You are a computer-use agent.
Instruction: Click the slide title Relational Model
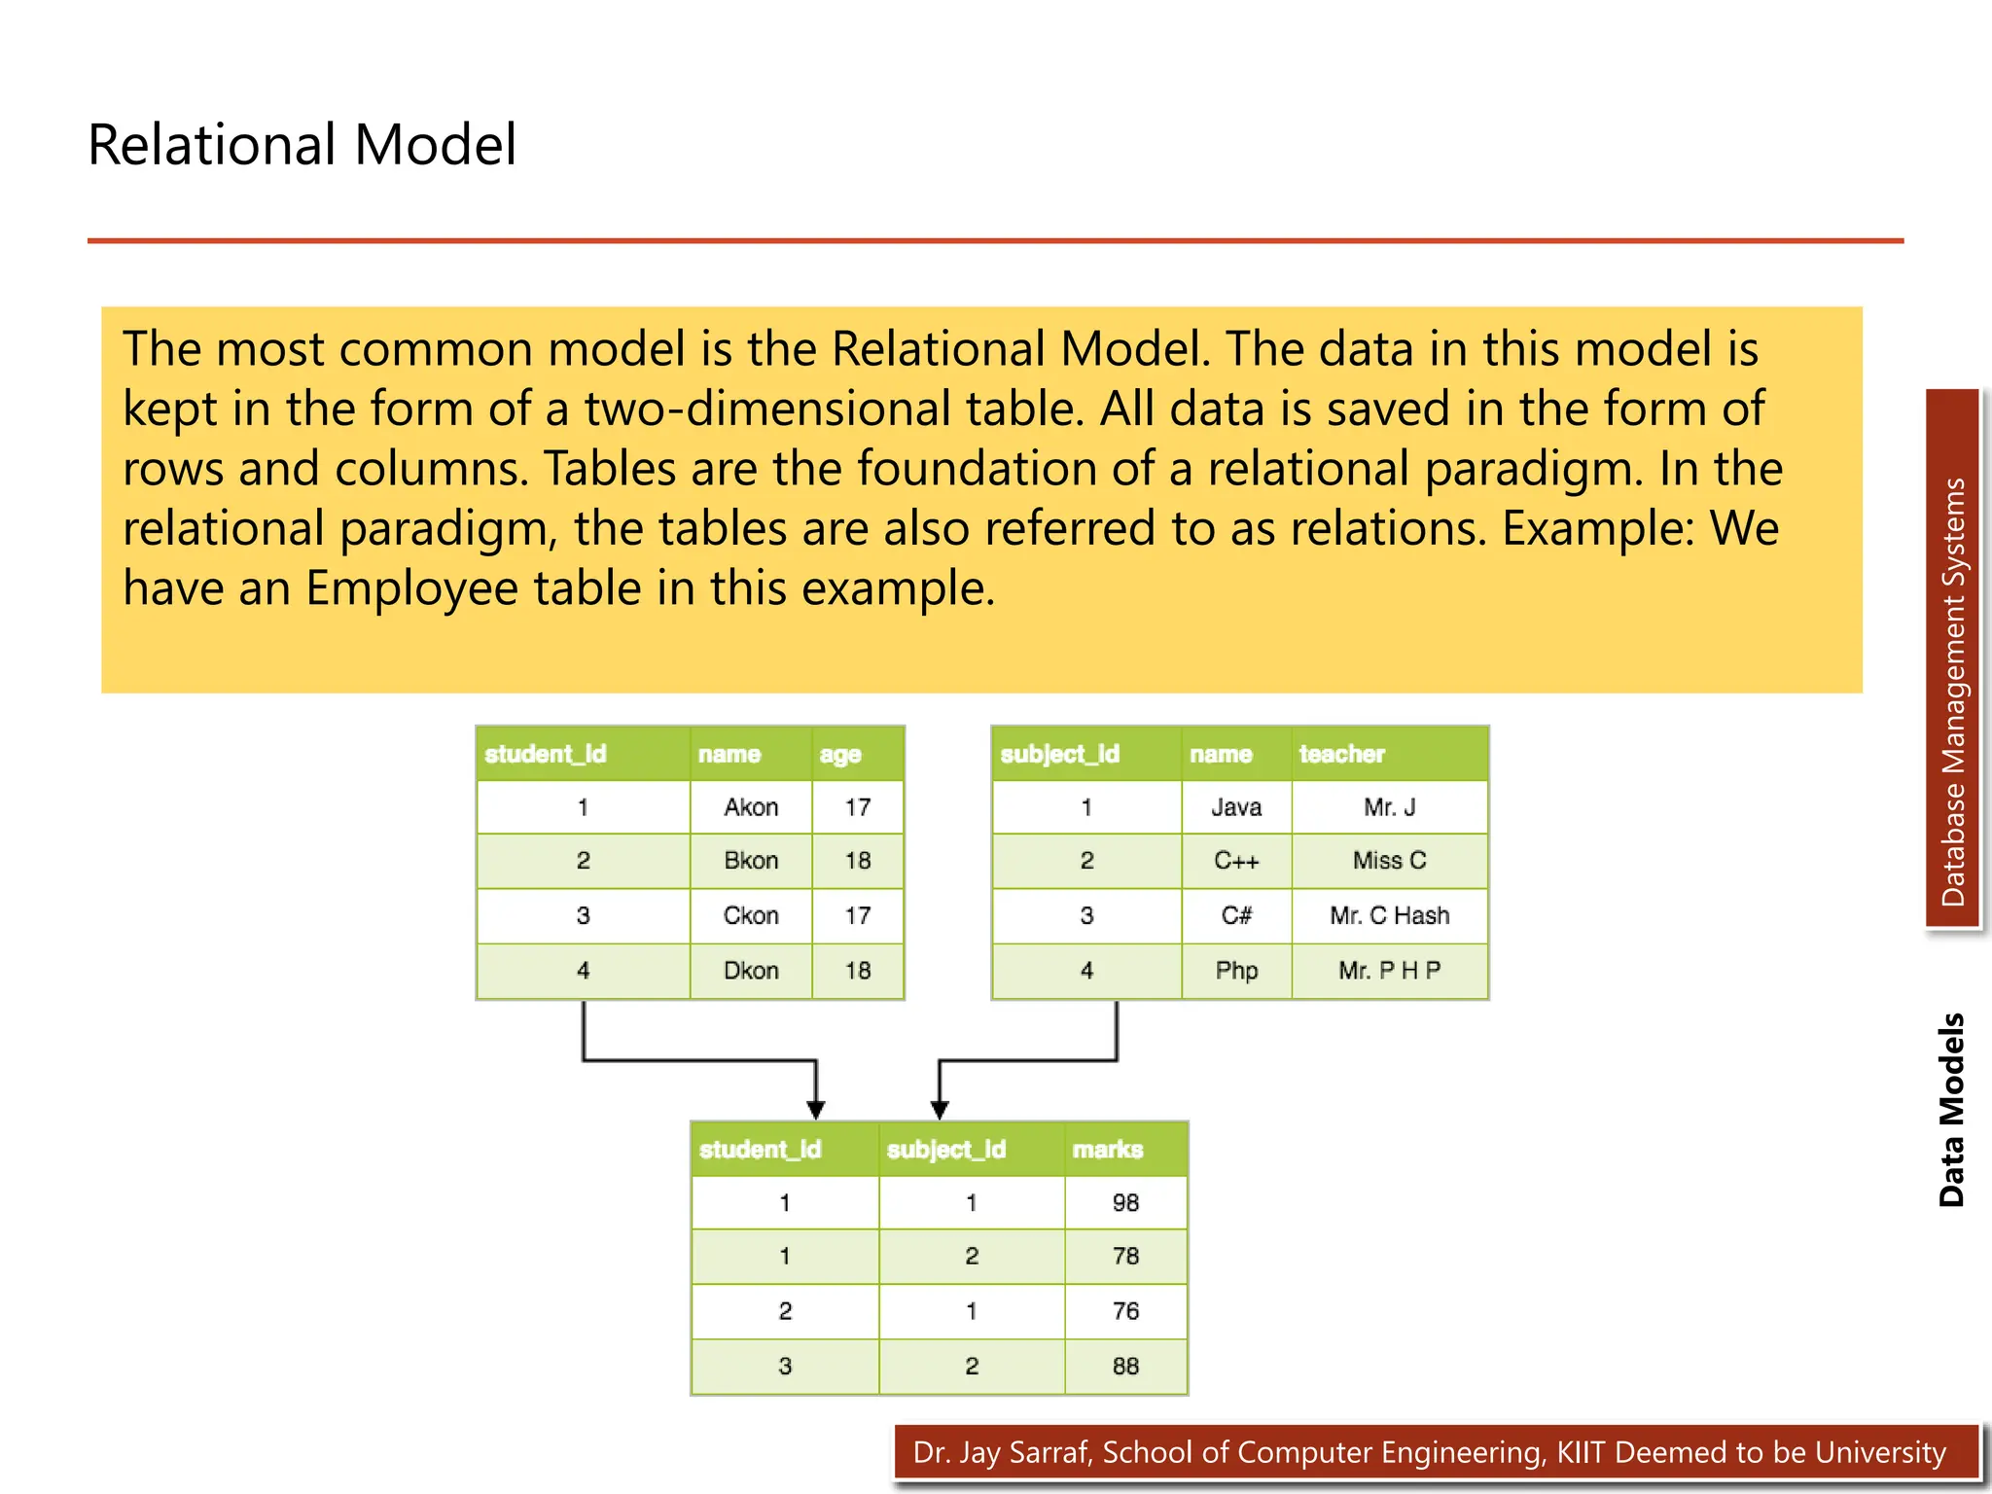(302, 145)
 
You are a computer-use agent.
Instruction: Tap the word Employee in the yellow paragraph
(411, 588)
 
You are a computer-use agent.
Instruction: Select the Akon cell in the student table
(751, 807)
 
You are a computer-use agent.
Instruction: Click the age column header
(840, 754)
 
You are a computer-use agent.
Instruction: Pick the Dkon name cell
(751, 971)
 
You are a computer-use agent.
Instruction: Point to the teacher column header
(1341, 754)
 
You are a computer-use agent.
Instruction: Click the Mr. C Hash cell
(1389, 915)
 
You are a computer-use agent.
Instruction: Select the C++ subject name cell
(1236, 861)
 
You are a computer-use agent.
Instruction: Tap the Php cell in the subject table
(1236, 971)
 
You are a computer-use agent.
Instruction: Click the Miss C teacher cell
(1389, 861)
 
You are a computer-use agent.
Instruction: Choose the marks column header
(1107, 1150)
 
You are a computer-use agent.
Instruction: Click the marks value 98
(1125, 1203)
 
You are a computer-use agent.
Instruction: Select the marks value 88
(1125, 1367)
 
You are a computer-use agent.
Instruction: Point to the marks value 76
(1125, 1311)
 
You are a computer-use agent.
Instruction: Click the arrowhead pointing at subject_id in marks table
(940, 1110)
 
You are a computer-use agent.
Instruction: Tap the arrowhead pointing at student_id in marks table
(816, 1110)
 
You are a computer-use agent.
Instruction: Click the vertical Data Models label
(1951, 1110)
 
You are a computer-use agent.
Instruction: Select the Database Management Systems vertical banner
(1952, 661)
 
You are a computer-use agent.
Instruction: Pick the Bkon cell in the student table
(751, 861)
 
